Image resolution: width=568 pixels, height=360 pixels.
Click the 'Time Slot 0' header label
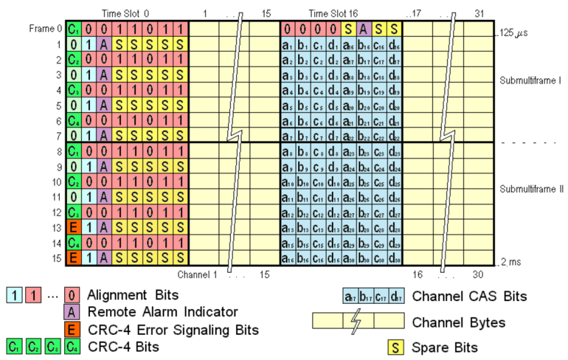(125, 13)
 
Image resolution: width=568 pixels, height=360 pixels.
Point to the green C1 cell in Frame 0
(73, 30)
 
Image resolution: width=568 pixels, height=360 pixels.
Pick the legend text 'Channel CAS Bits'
(470, 297)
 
